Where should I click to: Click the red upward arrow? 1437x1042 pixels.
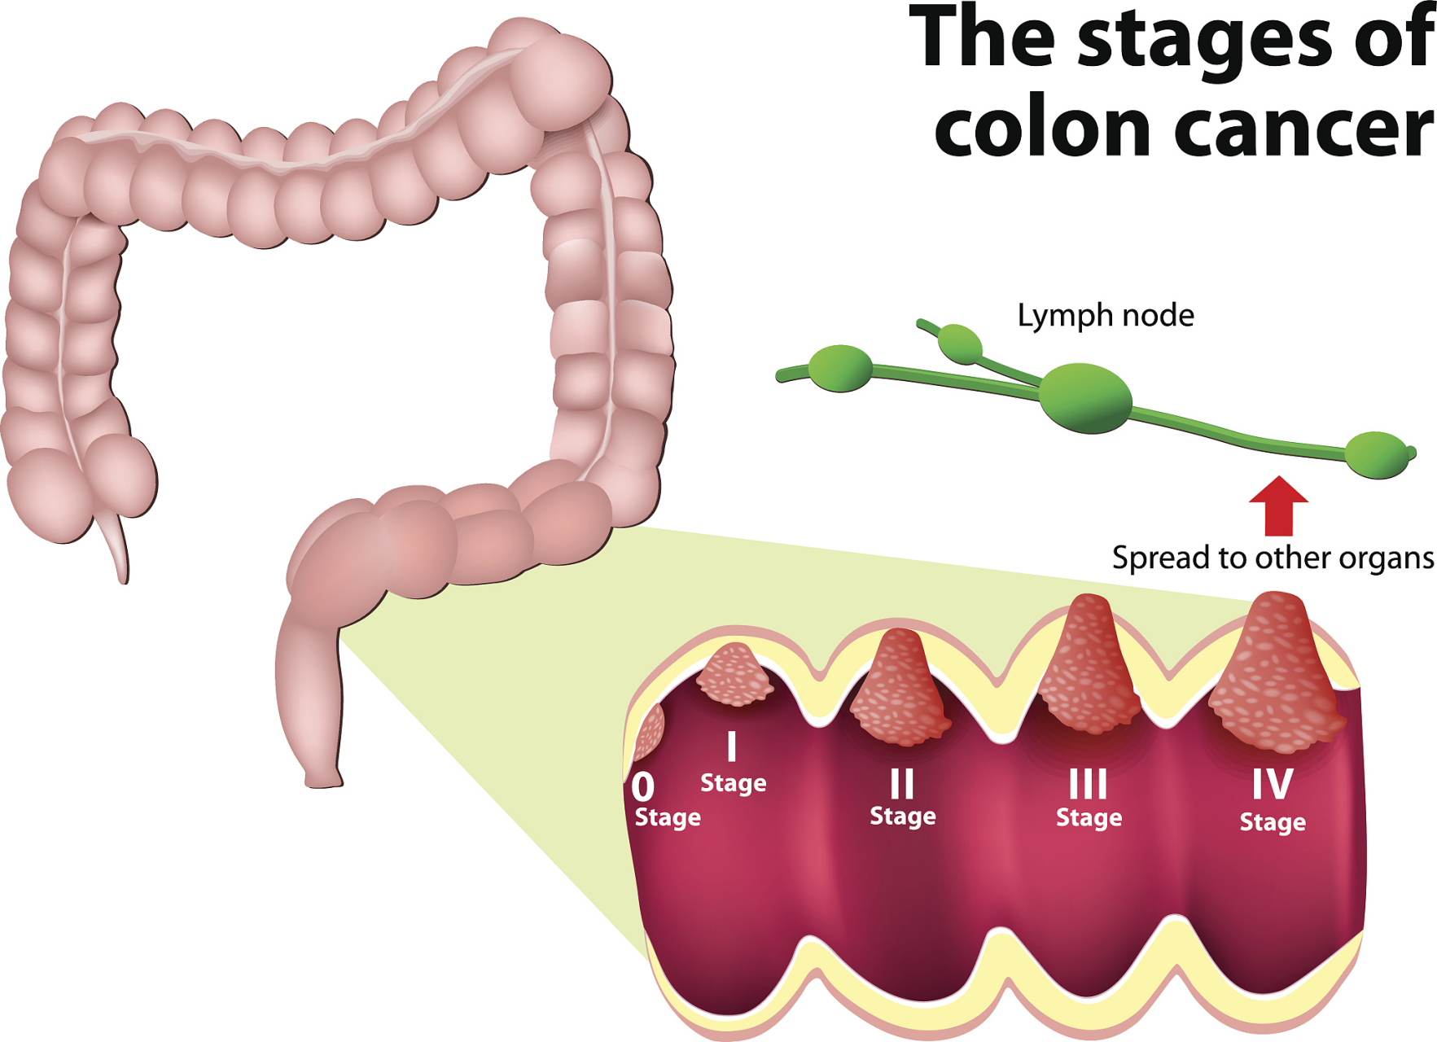[x=1278, y=506]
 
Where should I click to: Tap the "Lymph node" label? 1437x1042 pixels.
[x=1105, y=315]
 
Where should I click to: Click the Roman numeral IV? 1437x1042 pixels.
[x=1272, y=784]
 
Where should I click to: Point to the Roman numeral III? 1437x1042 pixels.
[x=1088, y=785]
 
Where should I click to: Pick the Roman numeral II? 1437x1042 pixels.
[x=901, y=785]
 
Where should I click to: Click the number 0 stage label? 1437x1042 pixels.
[x=643, y=786]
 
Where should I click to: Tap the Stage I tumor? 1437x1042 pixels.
[x=735, y=674]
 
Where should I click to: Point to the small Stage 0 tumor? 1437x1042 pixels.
[x=649, y=731]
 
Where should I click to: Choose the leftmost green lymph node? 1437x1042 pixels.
[x=841, y=369]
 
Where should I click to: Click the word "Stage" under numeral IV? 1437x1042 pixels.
[x=1272, y=822]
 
